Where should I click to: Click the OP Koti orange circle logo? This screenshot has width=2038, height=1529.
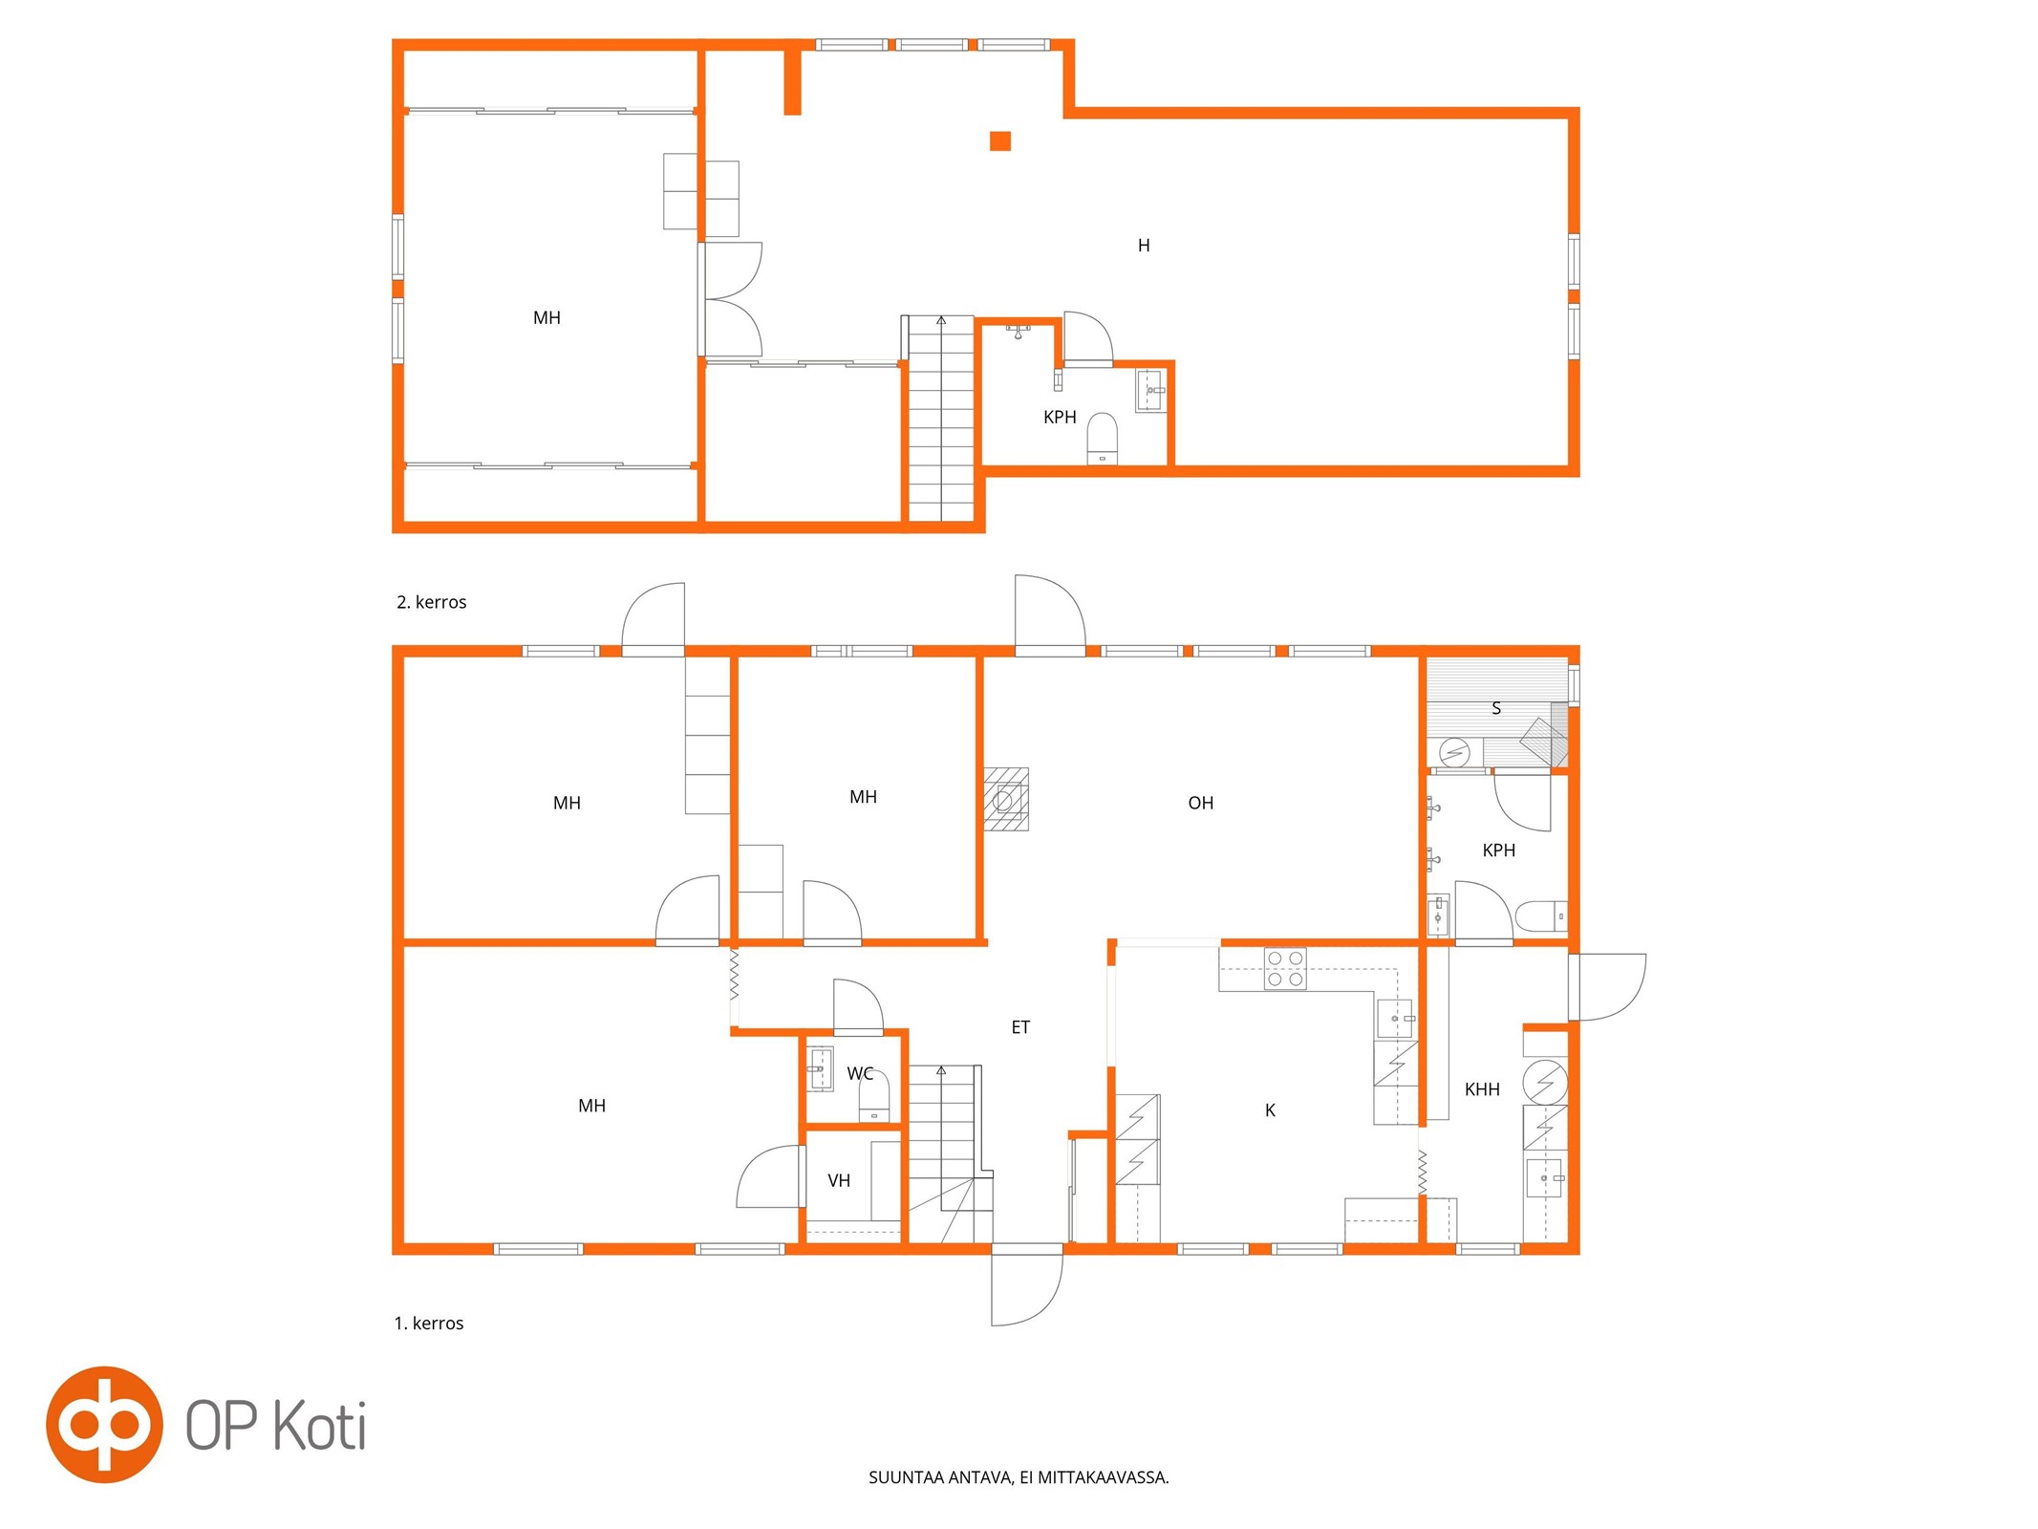click(x=104, y=1424)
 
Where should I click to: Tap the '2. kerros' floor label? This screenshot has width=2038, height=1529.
click(x=432, y=602)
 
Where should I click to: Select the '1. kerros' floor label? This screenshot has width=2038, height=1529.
click(x=429, y=1324)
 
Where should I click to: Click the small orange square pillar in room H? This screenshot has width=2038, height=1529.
click(x=999, y=141)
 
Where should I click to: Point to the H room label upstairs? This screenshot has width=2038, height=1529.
click(x=1144, y=246)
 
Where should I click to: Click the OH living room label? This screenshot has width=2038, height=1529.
click(x=1201, y=804)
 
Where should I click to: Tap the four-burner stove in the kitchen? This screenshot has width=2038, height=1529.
click(x=1285, y=968)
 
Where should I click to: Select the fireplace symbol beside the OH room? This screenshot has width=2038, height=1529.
click(x=1006, y=799)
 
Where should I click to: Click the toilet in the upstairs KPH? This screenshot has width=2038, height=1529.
click(x=1103, y=439)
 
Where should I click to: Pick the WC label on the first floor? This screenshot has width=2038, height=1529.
click(x=860, y=1074)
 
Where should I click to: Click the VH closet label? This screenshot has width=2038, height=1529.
click(x=839, y=1181)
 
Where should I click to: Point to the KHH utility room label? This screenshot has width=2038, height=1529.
click(x=1482, y=1089)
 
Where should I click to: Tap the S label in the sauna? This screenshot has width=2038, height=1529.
click(x=1496, y=708)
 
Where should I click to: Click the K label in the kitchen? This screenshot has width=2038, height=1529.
click(x=1270, y=1110)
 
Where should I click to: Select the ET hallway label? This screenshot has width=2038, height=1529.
click(x=1020, y=1027)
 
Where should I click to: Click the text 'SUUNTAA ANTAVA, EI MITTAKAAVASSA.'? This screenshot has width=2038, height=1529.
click(x=1019, y=1477)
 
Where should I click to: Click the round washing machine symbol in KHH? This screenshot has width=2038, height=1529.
click(x=1545, y=1082)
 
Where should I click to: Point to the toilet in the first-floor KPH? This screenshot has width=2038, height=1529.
click(x=1541, y=915)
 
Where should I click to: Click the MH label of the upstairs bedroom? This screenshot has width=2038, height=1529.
click(x=547, y=318)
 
